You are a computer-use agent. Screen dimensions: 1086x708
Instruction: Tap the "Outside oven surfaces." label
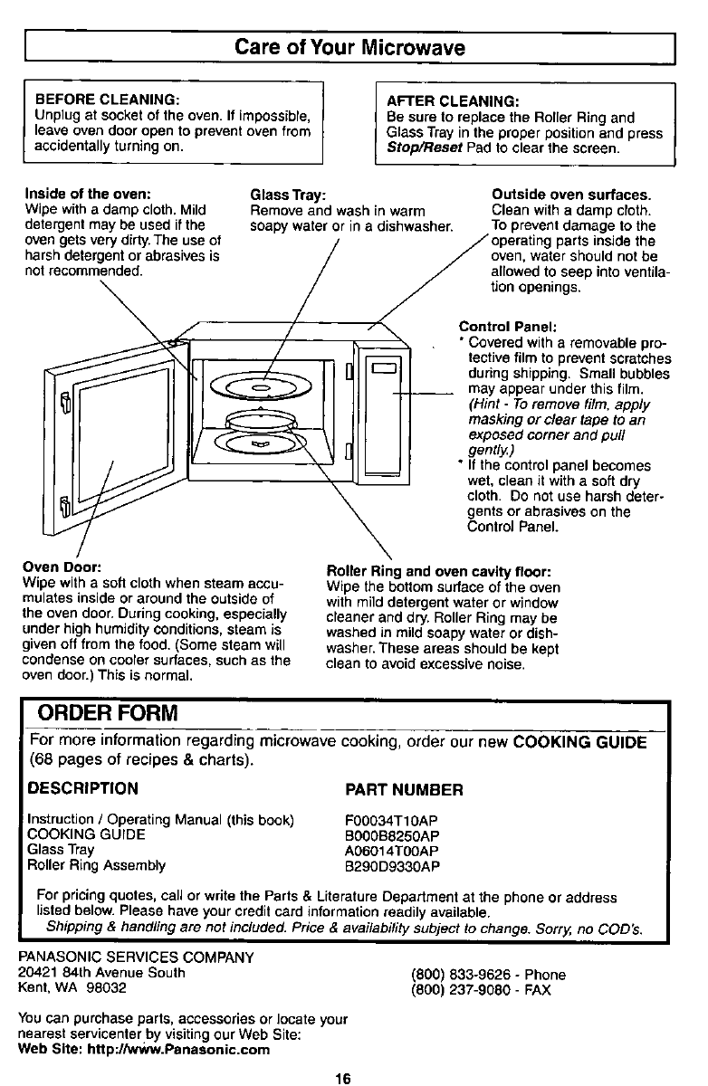click(571, 195)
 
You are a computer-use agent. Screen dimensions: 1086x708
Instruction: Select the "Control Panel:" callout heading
click(508, 327)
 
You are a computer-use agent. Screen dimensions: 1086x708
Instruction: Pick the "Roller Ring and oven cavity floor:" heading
click(438, 571)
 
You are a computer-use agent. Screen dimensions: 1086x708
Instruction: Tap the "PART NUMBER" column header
click(404, 788)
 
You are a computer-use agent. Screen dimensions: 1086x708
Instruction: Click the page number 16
click(341, 1077)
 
